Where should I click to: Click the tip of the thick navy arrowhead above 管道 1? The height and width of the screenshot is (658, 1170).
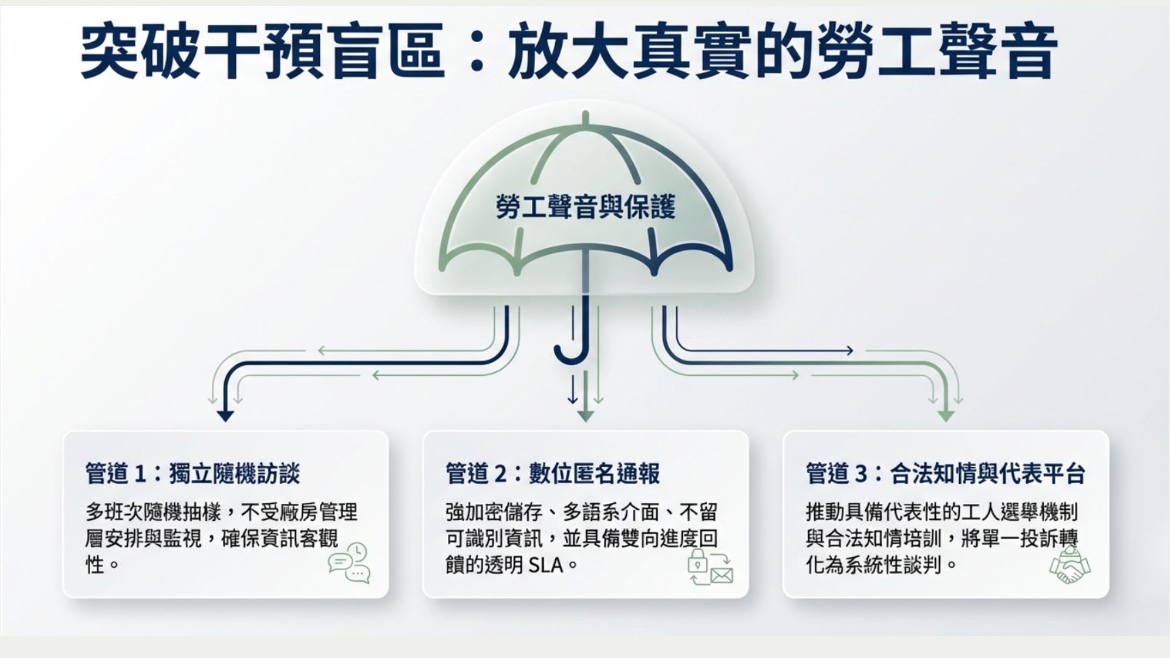(225, 422)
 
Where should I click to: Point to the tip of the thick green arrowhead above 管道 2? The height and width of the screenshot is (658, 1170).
(585, 422)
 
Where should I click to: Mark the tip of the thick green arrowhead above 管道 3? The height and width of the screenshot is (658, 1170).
(945, 422)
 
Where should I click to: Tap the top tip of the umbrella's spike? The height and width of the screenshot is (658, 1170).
(585, 111)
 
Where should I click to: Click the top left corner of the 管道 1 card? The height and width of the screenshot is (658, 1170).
(63, 431)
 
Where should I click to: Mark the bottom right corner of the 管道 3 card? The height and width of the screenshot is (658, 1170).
(1108, 597)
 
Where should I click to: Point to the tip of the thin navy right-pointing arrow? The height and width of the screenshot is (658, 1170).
(853, 351)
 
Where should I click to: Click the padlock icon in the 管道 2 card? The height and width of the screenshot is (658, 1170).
(697, 561)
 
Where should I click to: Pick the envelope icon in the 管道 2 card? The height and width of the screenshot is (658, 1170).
(721, 575)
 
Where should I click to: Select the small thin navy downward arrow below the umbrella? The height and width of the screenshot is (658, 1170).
(572, 389)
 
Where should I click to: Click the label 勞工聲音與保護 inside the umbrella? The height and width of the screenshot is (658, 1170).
(585, 208)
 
